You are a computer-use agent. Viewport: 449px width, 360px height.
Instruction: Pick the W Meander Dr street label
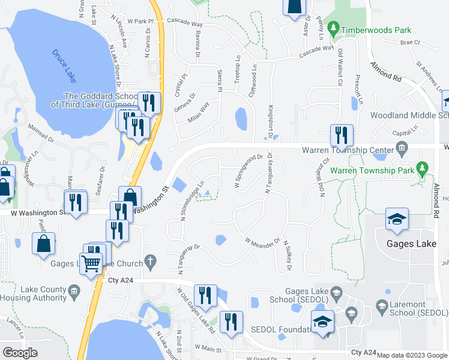tap(262, 241)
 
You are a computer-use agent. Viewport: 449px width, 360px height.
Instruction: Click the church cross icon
tap(150, 263)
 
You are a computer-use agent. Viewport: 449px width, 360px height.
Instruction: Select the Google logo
tap(20, 353)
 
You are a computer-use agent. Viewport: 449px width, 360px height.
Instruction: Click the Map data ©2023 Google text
tap(411, 355)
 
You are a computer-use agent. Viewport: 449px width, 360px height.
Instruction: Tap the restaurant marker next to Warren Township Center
tap(342, 137)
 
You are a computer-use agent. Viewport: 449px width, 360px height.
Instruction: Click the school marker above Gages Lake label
tap(396, 220)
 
